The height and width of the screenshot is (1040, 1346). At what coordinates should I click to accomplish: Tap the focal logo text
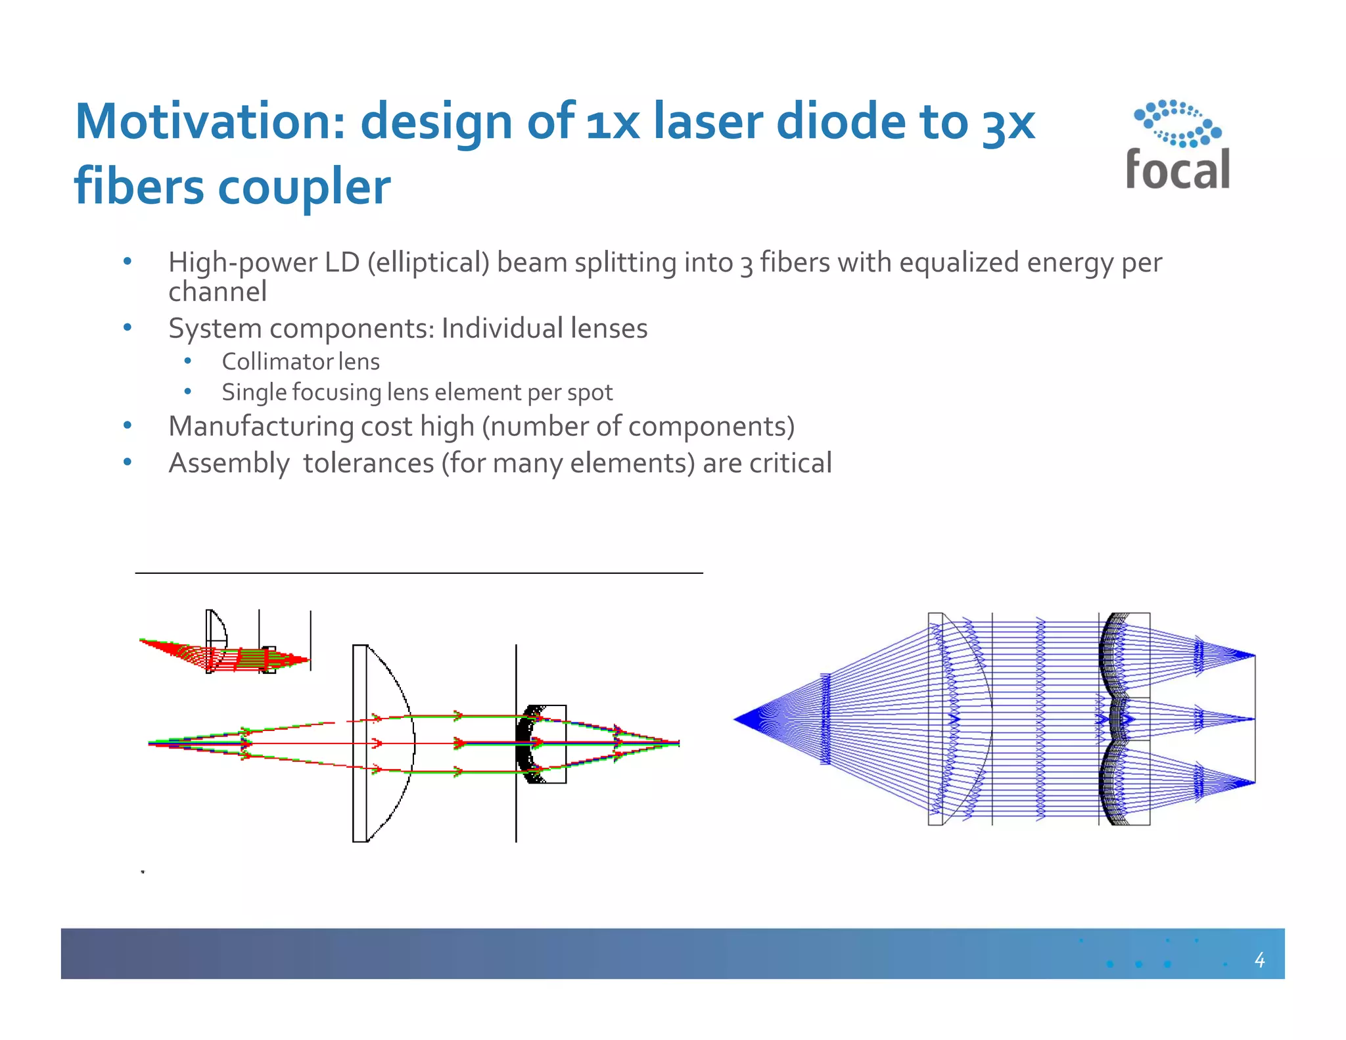pos(1177,170)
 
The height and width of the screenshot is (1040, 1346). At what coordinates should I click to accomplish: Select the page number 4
pos(1259,960)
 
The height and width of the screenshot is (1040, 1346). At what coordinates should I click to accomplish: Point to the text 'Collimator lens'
pos(300,362)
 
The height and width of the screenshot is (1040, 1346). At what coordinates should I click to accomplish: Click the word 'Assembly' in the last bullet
pos(228,463)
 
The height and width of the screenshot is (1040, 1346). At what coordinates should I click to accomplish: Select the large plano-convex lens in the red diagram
pos(383,743)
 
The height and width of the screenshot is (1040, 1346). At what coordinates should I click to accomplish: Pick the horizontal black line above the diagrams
pos(419,573)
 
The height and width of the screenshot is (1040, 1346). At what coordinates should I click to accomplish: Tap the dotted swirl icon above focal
pos(1177,124)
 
